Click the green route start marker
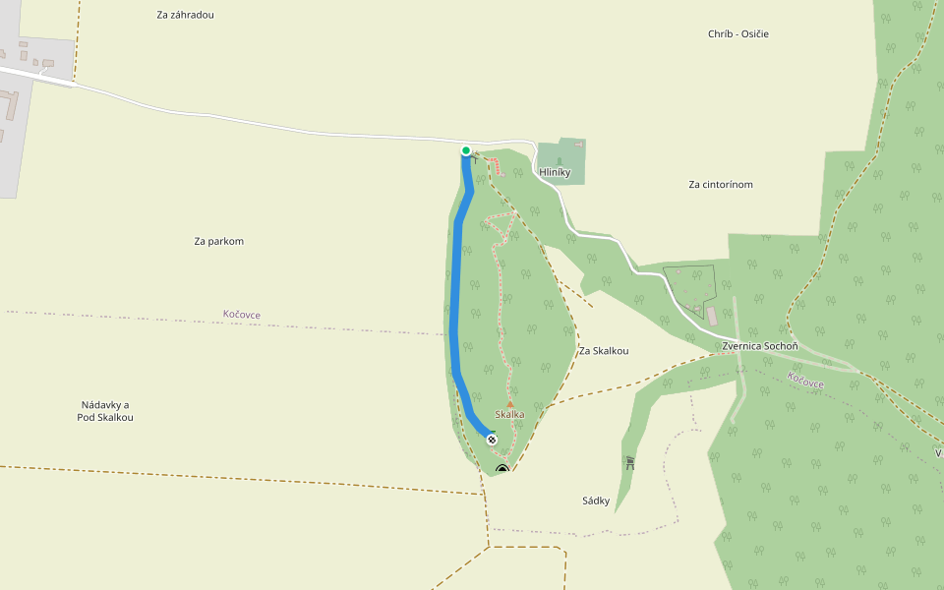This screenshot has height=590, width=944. pos(466,150)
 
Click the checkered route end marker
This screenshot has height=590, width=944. pos(492,440)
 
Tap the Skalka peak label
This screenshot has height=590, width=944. pos(509,415)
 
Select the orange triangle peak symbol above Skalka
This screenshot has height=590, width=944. pos(509,403)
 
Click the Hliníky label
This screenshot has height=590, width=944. pos(556,172)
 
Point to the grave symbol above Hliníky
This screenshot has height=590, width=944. pos(560,159)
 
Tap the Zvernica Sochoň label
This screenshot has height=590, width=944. pos(759,346)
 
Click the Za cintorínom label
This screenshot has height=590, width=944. pos(721,184)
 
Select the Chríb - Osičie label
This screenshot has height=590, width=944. pos(737,34)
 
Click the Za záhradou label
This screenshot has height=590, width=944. pos(185,15)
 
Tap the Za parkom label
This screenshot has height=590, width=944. pos(218,241)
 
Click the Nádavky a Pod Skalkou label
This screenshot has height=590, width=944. pos(105,411)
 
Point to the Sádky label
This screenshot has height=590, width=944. pos(596,501)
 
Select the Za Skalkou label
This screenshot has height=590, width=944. pos(604,351)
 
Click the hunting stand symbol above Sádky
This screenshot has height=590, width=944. pos(629,462)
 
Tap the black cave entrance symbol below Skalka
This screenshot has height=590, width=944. pos(502,470)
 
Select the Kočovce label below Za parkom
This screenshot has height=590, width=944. pos(242,315)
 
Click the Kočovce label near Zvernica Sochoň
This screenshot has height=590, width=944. pos(806,381)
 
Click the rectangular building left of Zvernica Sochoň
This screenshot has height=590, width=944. pos(711,315)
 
